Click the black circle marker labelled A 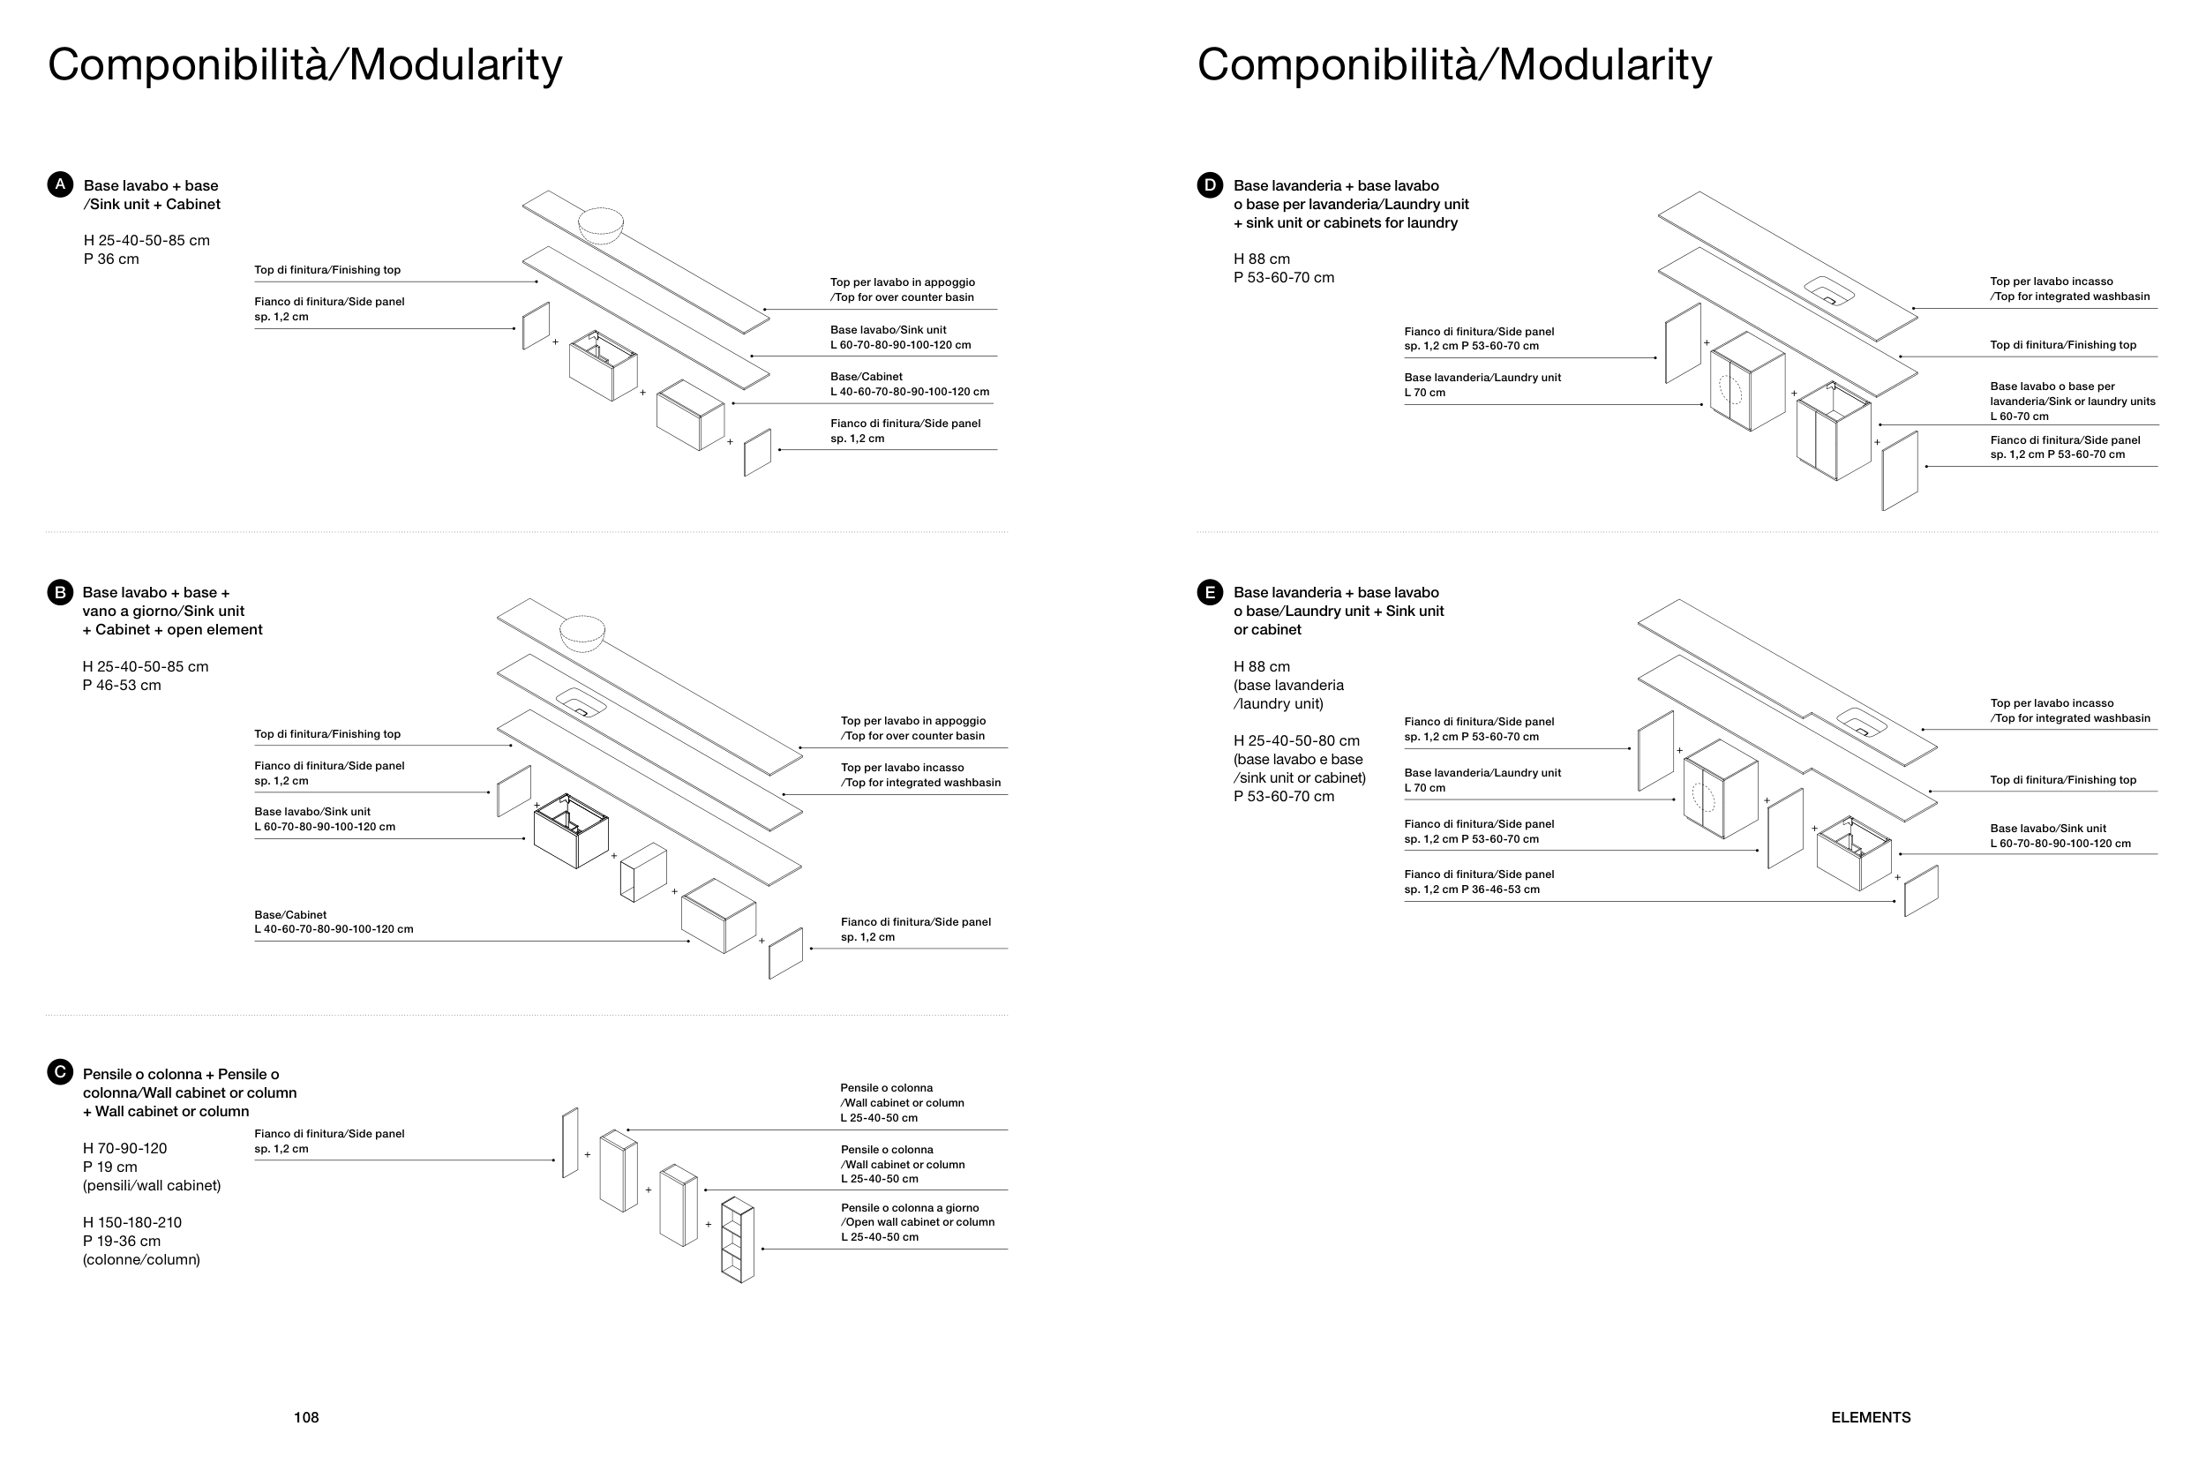(60, 184)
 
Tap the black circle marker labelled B (60, 592)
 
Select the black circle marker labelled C (60, 1072)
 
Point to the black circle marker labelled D (1210, 184)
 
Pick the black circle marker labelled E (1210, 592)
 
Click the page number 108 (306, 1417)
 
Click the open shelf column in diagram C (739, 1239)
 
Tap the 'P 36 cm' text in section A (110, 259)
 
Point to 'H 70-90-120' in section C (124, 1148)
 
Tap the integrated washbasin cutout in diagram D (1829, 291)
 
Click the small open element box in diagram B (643, 873)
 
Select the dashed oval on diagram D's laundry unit (1730, 388)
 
